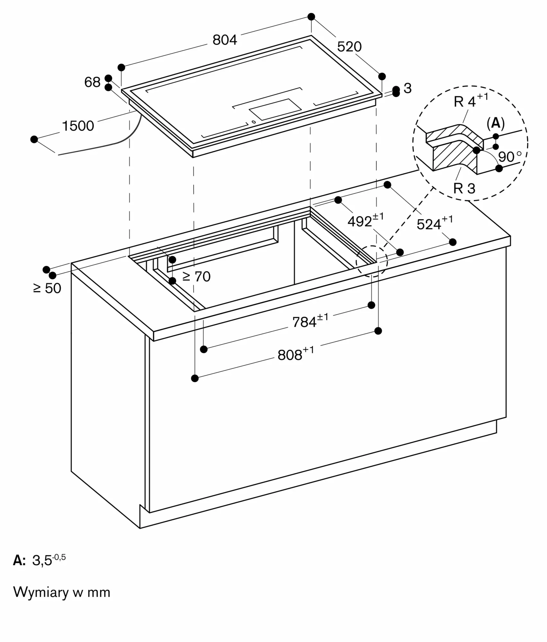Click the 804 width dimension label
coord(225,40)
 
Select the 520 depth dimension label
coord(349,47)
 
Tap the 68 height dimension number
coord(93,82)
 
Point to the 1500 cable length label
coord(78,126)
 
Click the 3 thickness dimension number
coord(408,88)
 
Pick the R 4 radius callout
coord(471,100)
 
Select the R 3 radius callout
coord(464,188)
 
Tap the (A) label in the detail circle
coord(496,123)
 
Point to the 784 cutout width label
coord(310,321)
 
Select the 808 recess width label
coord(296,354)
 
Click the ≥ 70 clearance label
coord(197,276)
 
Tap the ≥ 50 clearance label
coord(47,288)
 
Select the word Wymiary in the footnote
coord(41,592)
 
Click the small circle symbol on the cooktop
coord(254,122)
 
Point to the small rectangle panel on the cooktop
coord(275,109)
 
